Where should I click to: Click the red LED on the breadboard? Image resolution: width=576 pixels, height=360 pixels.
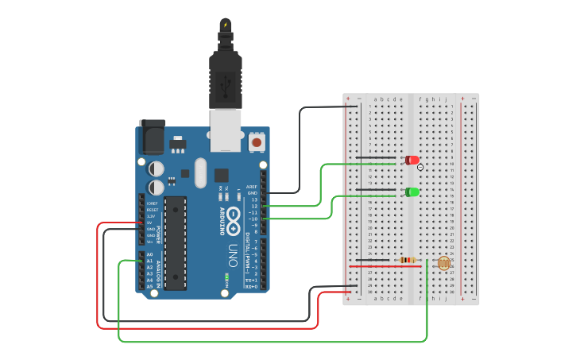[x=412, y=160]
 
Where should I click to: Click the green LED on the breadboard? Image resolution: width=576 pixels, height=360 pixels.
[x=412, y=192]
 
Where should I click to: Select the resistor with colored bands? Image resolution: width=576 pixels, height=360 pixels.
[x=408, y=260]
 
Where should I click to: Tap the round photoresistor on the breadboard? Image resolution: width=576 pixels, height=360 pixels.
[x=443, y=263]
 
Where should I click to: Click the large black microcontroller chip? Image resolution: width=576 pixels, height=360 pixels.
[x=176, y=242]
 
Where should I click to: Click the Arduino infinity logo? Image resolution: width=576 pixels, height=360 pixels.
[x=234, y=215]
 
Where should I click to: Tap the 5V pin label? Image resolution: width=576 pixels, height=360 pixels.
[x=149, y=223]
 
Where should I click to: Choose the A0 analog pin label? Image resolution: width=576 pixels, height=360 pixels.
[x=149, y=254]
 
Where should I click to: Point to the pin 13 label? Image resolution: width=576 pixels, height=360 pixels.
[x=254, y=199]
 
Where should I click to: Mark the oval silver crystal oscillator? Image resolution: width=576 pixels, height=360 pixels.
[x=199, y=172]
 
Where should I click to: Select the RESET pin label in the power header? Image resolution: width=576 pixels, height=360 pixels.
[x=151, y=210]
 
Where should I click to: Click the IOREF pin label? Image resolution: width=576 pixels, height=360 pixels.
[x=151, y=203]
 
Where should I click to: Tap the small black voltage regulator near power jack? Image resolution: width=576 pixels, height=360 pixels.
[x=176, y=145]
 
